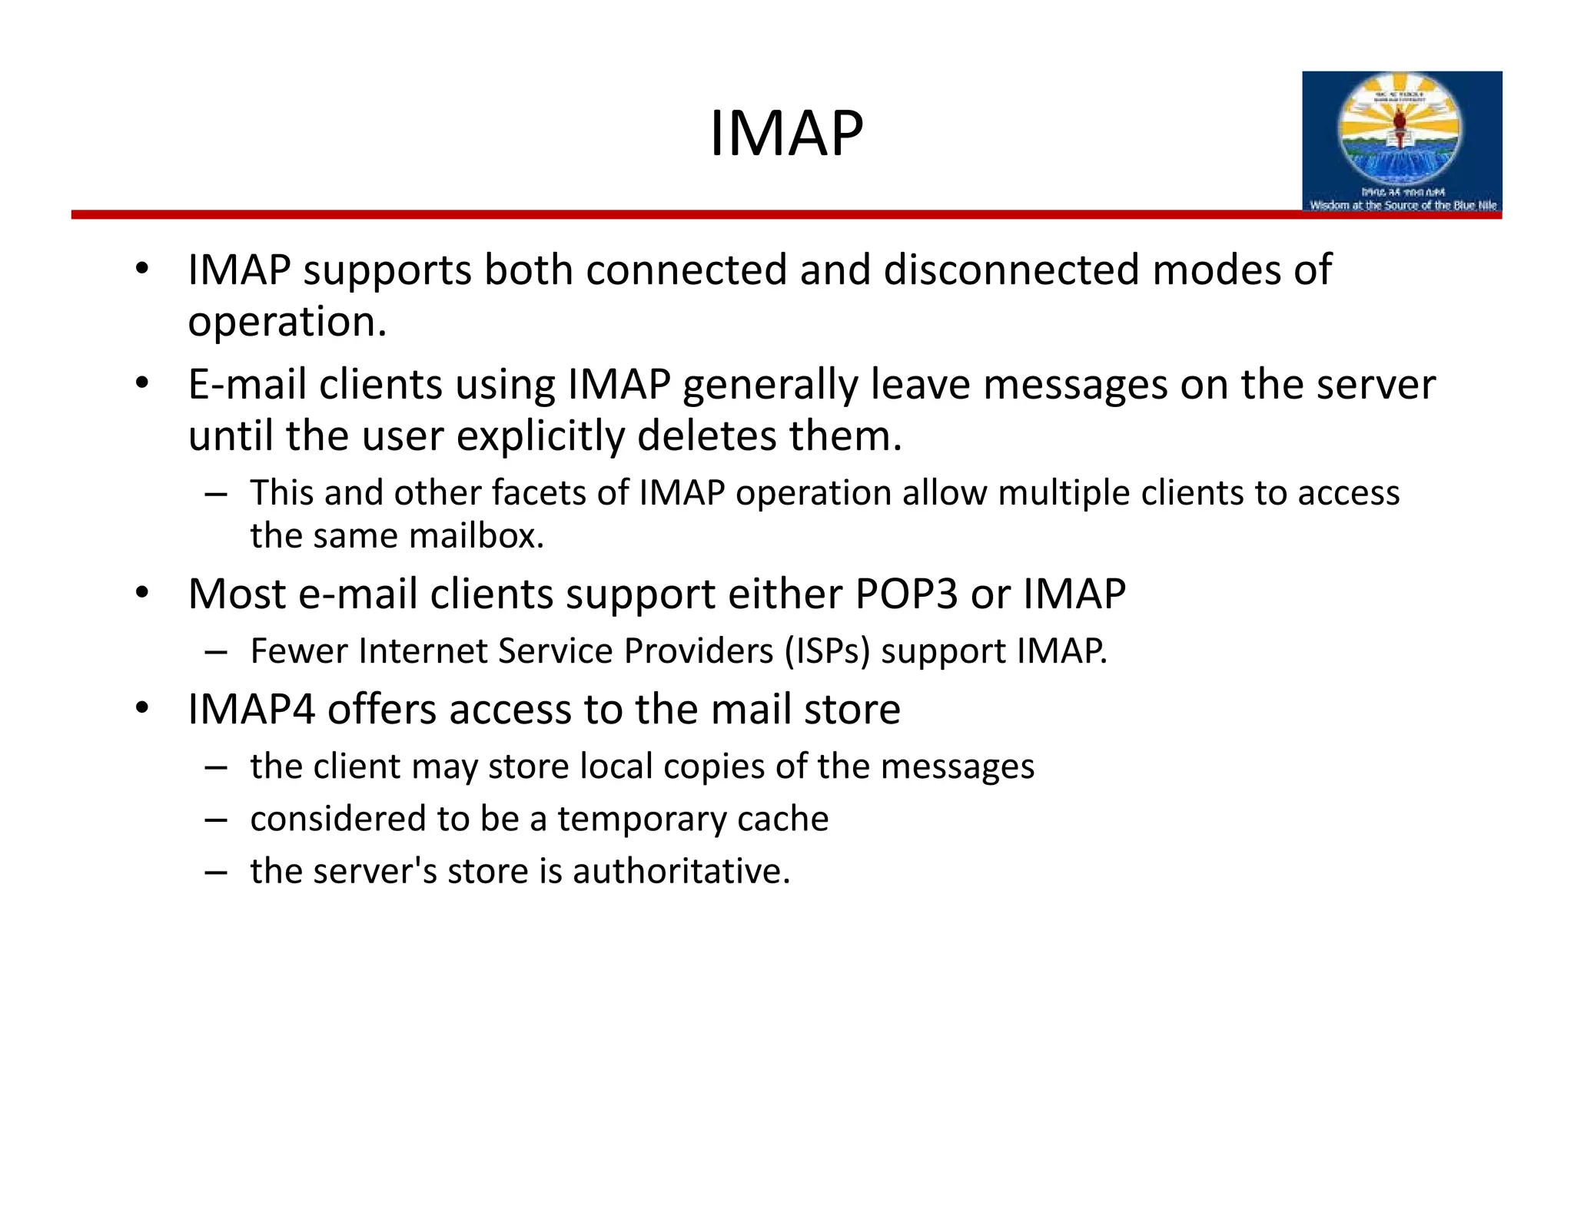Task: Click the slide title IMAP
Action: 785,134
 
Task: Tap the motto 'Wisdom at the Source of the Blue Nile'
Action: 1403,205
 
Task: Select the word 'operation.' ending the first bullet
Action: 287,323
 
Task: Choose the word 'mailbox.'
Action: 477,536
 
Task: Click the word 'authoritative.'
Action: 681,872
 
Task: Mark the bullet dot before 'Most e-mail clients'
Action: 141,594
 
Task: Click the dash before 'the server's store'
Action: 216,872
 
